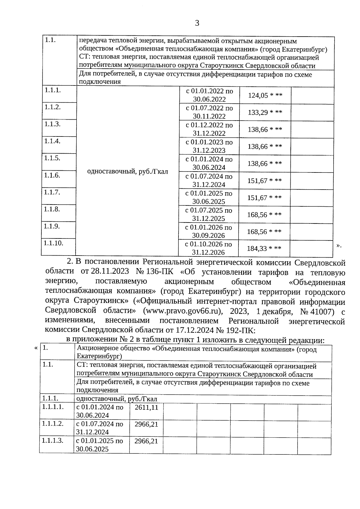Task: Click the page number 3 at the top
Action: pyautogui.click(x=197, y=23)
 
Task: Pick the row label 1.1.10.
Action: pyautogui.click(x=53, y=243)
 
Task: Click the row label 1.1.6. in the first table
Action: pyautogui.click(x=52, y=175)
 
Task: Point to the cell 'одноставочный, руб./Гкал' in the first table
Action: pyautogui.click(x=127, y=172)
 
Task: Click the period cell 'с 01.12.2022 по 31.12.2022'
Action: pyautogui.click(x=209, y=129)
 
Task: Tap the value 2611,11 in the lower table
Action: pyautogui.click(x=146, y=407)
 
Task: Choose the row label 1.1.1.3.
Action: pyautogui.click(x=53, y=441)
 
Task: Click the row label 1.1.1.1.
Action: pyautogui.click(x=53, y=407)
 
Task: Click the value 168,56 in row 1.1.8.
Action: pyautogui.click(x=257, y=215)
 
